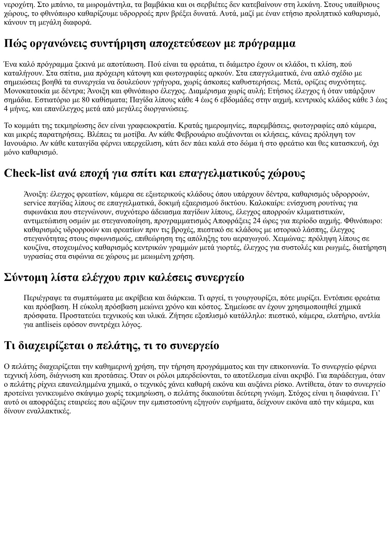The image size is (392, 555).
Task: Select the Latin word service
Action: pyautogui.click(x=35, y=203)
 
